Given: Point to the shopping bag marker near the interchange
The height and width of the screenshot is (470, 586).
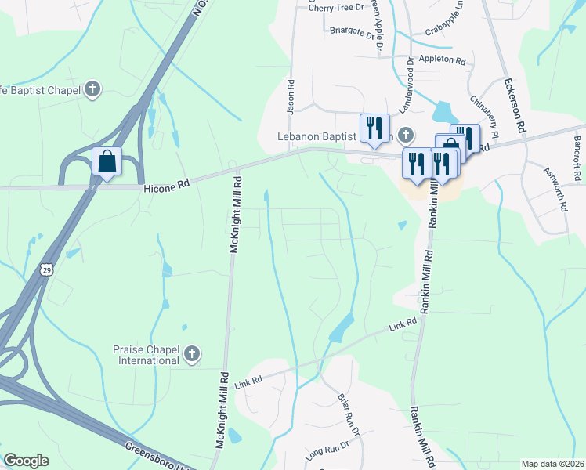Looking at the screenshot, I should (x=107, y=162).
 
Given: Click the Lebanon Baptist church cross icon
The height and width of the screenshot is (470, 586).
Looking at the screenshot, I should (x=405, y=136).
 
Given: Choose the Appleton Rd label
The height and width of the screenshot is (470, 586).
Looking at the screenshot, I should (x=443, y=60).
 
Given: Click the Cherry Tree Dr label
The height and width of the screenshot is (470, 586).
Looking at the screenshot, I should (x=337, y=8).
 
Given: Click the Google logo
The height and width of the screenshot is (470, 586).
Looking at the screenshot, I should (x=26, y=461).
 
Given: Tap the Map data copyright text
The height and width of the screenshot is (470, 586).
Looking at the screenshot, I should (x=553, y=464).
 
